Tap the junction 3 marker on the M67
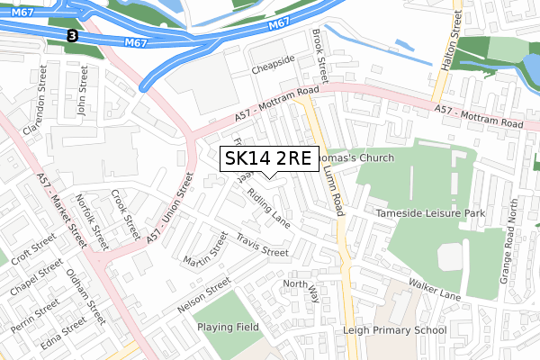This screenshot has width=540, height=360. [x=71, y=35]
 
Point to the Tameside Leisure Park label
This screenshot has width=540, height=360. [x=431, y=213]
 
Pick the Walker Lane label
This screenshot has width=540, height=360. [x=435, y=288]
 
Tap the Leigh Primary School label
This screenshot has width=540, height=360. [x=395, y=330]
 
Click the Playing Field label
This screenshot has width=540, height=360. [x=228, y=327]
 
